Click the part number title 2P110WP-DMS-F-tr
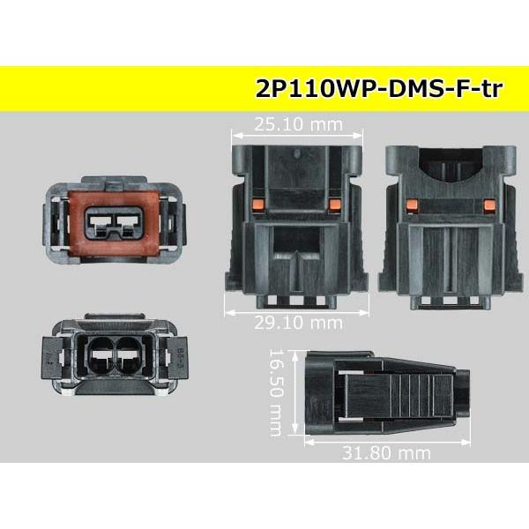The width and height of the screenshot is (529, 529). tap(379, 89)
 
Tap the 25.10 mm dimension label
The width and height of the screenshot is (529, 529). tap(298, 124)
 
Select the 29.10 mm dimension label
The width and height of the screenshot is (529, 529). tap(298, 323)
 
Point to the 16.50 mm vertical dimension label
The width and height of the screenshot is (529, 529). tap(276, 393)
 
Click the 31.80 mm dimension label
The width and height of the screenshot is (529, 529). tap(386, 453)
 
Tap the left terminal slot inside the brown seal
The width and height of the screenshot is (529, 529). tap(100, 223)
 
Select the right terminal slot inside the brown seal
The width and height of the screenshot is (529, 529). tap(128, 223)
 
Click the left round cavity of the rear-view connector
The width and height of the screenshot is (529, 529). tap(101, 355)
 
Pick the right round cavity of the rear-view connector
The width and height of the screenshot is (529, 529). tap(129, 355)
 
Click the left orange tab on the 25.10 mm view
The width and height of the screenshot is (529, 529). tap(257, 205)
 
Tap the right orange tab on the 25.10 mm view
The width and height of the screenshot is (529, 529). tap(335, 205)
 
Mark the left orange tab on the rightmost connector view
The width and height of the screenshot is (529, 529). tap(413, 205)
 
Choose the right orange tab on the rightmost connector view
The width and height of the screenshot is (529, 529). tap(489, 205)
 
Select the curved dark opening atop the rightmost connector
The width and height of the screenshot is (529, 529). tap(451, 165)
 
